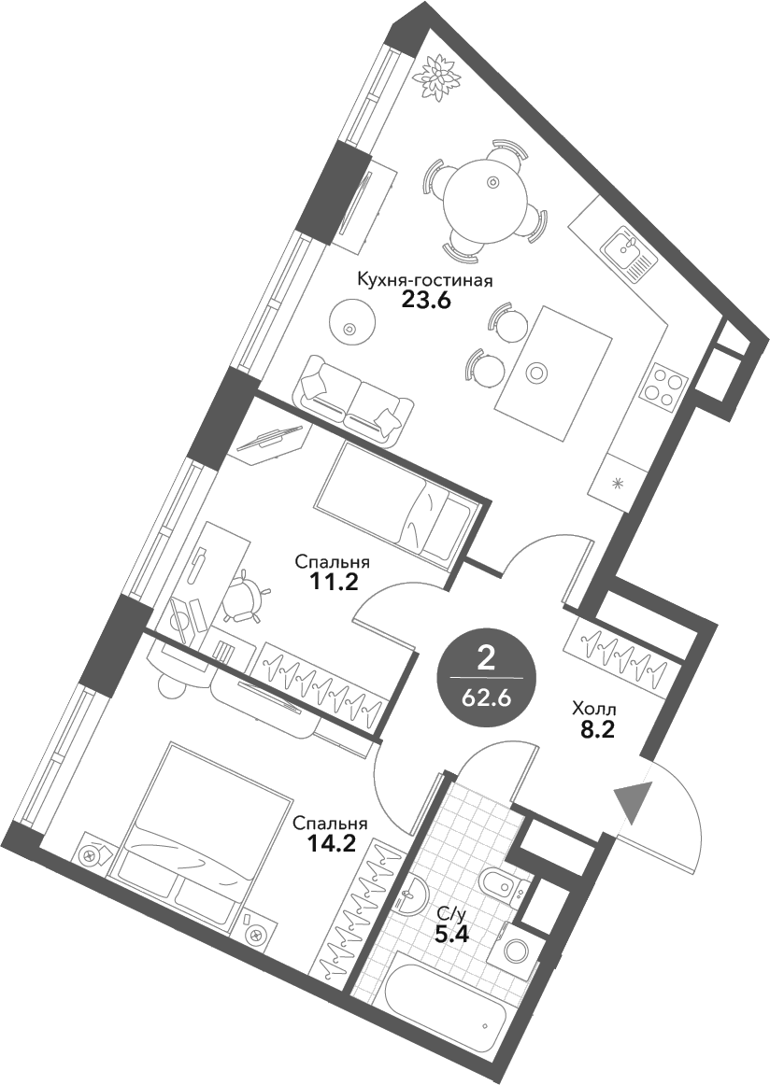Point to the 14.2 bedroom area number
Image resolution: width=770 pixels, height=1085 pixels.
330,845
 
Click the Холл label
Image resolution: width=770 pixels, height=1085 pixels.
592,710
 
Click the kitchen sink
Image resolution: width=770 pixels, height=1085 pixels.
629,252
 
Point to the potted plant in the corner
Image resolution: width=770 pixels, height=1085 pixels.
435,75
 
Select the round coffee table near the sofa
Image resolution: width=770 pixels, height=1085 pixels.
351,321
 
